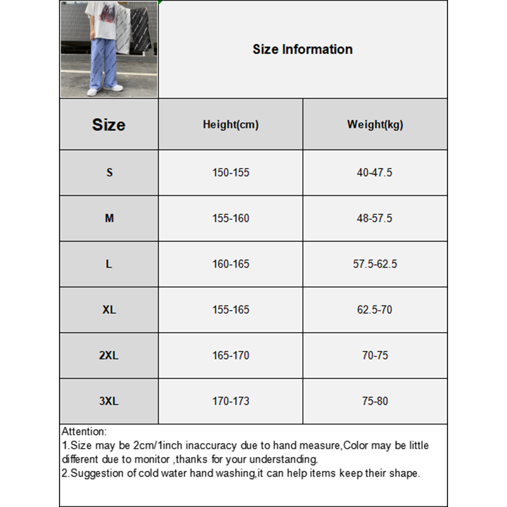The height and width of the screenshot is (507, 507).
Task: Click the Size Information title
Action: [302, 49]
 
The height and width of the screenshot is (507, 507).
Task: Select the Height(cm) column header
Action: [231, 125]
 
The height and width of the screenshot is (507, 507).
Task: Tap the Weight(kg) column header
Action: [375, 125]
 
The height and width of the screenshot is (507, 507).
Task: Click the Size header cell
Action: [109, 125]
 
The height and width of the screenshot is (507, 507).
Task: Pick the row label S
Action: [109, 172]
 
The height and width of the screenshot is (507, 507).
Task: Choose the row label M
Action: [109, 218]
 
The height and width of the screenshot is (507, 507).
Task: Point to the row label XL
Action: [109, 310]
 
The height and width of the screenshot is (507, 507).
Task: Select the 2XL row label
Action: [109, 356]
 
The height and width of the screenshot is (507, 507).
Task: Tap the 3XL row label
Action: [109, 401]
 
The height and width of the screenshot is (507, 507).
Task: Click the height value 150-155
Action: [231, 172]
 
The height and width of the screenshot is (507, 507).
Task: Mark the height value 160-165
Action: [231, 264]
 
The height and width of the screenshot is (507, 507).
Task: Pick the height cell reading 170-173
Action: [231, 401]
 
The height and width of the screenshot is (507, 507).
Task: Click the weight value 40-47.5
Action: [375, 172]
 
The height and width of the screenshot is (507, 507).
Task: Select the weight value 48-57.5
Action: [375, 218]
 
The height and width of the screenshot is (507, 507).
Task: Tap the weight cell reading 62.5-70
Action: [375, 310]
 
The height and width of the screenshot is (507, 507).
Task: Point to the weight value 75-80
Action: [375, 401]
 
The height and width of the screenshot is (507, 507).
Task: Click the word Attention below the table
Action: [84, 432]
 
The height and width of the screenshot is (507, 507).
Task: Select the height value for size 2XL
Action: [231, 356]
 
